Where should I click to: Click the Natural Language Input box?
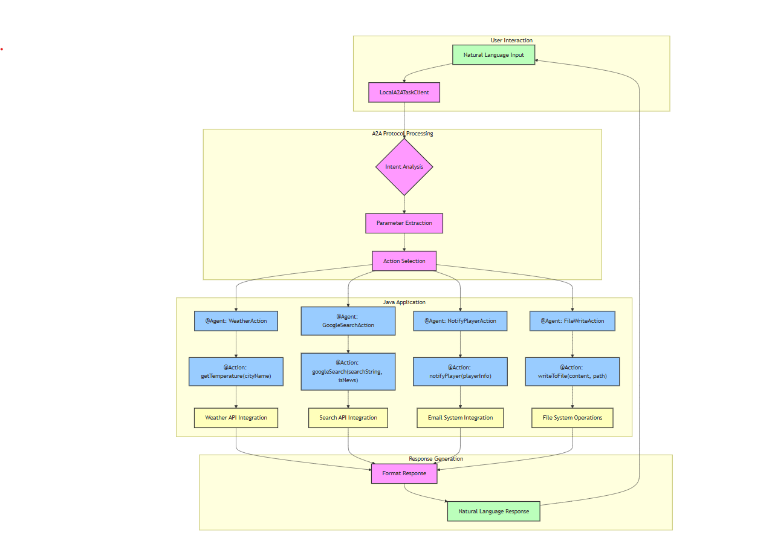[493, 55]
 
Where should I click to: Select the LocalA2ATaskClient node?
[404, 93]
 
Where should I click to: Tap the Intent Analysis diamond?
[404, 167]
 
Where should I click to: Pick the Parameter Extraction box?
[404, 223]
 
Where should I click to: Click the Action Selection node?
[404, 261]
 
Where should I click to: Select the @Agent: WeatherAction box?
[236, 321]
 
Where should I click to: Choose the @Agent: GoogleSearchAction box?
[348, 320]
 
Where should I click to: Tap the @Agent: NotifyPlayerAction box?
[460, 321]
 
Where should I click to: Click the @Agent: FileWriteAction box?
[572, 321]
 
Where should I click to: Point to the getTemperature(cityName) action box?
[236, 371]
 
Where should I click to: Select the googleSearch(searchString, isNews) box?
[348, 371]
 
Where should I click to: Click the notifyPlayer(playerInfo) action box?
[460, 371]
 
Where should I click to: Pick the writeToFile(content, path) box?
[572, 371]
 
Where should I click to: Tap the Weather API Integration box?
[236, 418]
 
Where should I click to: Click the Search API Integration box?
[348, 418]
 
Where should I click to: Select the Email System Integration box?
[460, 418]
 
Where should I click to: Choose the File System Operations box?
[572, 418]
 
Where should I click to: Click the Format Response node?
[404, 473]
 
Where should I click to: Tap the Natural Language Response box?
[493, 511]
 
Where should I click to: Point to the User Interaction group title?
[511, 41]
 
